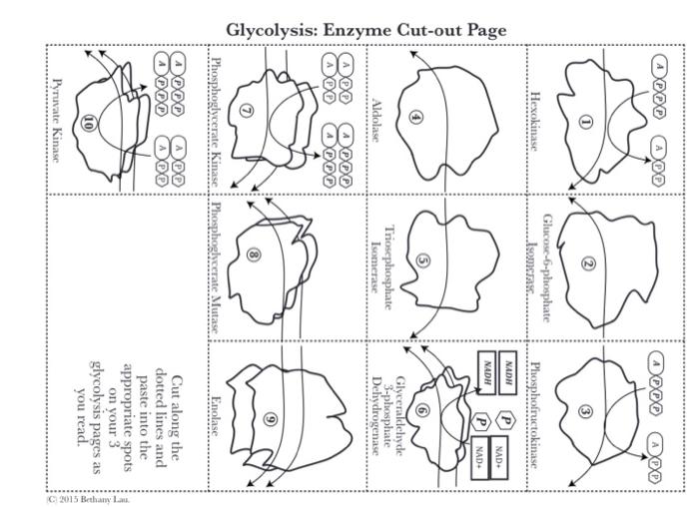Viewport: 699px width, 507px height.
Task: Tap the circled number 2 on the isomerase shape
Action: tap(588, 264)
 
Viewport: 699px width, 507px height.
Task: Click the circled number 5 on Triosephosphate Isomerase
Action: tap(423, 261)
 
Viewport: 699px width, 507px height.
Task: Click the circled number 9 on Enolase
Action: tap(268, 418)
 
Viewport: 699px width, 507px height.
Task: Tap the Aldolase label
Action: tap(375, 121)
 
